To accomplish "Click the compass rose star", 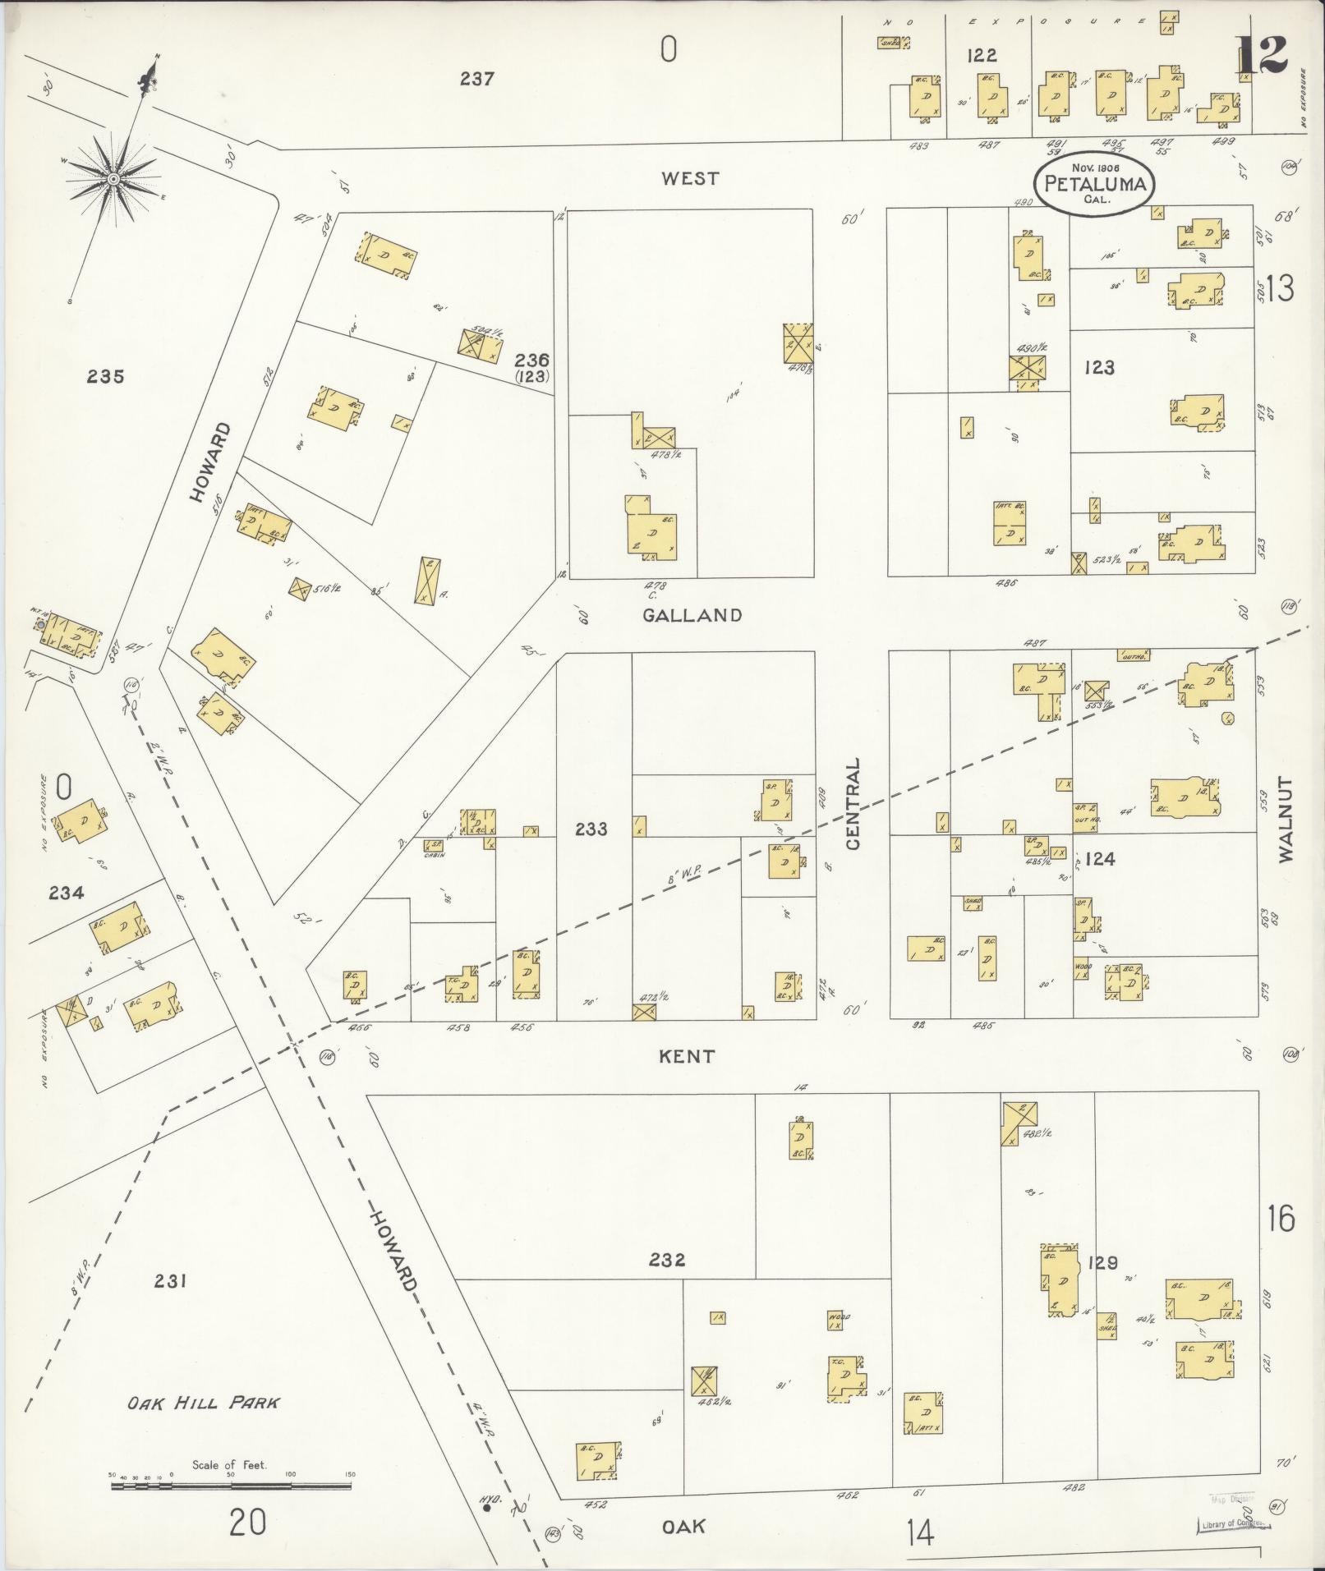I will (113, 178).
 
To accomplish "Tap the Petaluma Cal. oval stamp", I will (1093, 183).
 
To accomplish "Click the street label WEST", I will (690, 178).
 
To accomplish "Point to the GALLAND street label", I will (692, 615).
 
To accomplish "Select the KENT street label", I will (687, 1056).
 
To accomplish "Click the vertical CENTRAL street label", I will (853, 803).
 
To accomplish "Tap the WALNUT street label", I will (1286, 819).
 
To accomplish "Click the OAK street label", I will (683, 1526).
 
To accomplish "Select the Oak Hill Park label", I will (203, 1402).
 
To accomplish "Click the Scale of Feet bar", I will (231, 1486).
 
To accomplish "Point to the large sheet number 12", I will (1261, 56).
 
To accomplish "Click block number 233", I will (591, 829).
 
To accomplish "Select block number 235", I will (107, 376).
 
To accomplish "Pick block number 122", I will (982, 56).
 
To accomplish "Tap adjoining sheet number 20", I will (247, 1523).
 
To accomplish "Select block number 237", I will (476, 79).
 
